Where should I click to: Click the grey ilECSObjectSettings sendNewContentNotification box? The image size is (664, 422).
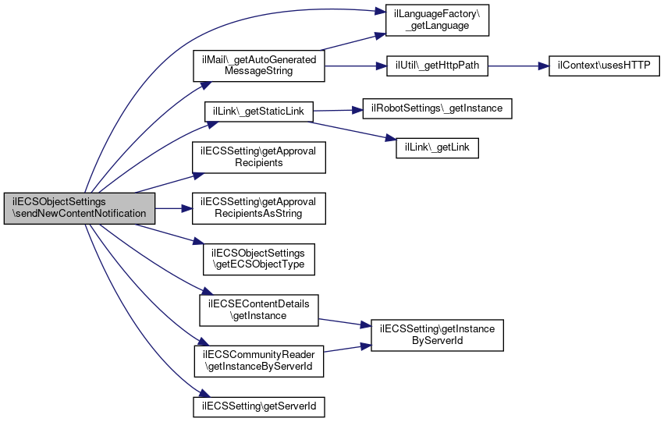click(x=80, y=207)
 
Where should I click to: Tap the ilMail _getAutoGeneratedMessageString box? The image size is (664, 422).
click(x=258, y=66)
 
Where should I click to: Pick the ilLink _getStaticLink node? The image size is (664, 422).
click(x=258, y=112)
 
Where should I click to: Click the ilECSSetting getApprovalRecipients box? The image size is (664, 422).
click(x=258, y=158)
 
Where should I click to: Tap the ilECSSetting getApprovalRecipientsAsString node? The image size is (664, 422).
click(x=258, y=207)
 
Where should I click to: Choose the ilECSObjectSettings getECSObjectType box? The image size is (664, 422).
click(x=258, y=259)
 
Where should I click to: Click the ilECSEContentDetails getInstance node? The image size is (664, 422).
click(x=258, y=310)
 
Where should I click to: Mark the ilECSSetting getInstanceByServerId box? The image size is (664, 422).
click(x=437, y=335)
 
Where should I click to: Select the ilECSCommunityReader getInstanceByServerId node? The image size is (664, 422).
click(x=258, y=360)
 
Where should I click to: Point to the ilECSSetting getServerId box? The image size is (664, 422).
click(x=258, y=406)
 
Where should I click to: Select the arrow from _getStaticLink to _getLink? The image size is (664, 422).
click(x=351, y=129)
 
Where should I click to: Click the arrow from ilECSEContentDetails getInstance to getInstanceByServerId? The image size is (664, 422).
click(x=343, y=321)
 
